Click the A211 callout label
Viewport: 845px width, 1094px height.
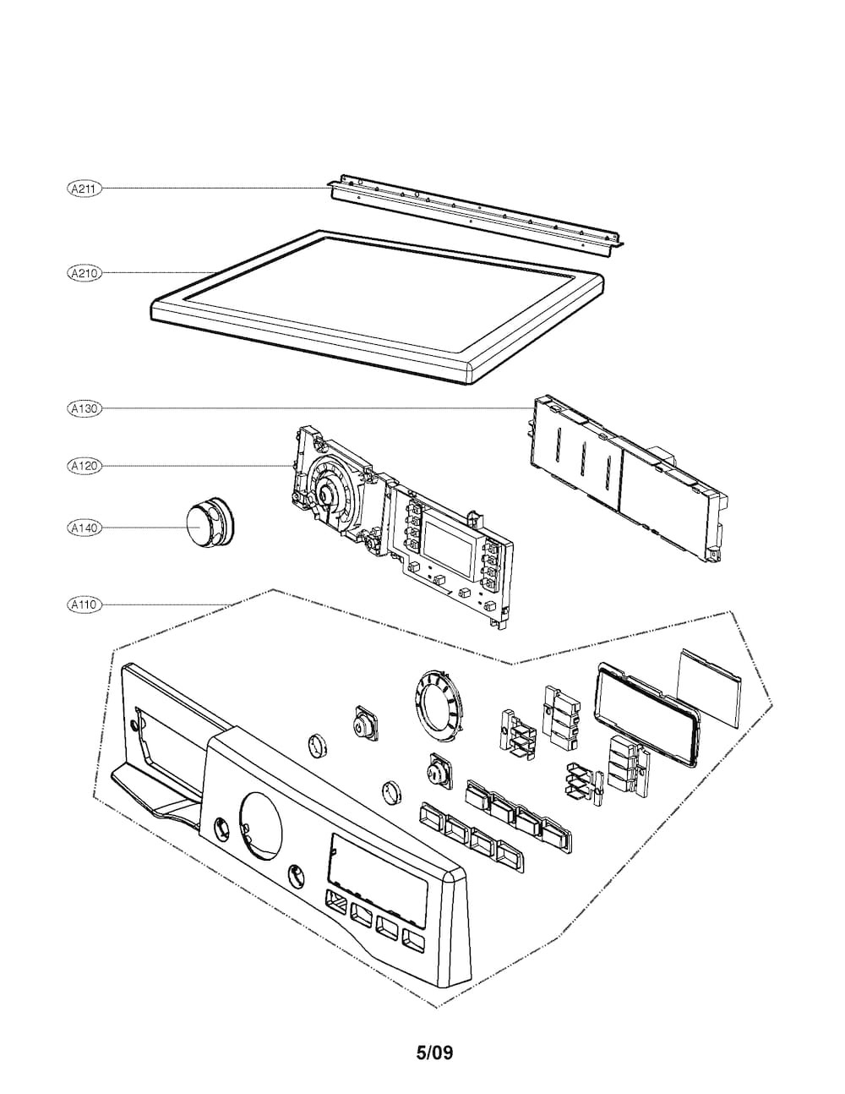click(x=83, y=189)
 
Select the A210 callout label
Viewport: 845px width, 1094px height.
click(x=83, y=273)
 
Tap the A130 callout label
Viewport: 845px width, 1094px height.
click(x=83, y=408)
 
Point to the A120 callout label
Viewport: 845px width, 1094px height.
click(x=83, y=465)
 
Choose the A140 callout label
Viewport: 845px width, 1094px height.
click(x=83, y=528)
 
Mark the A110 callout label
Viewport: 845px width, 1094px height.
click(x=83, y=604)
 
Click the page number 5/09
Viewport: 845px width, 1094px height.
click(x=434, y=1053)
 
